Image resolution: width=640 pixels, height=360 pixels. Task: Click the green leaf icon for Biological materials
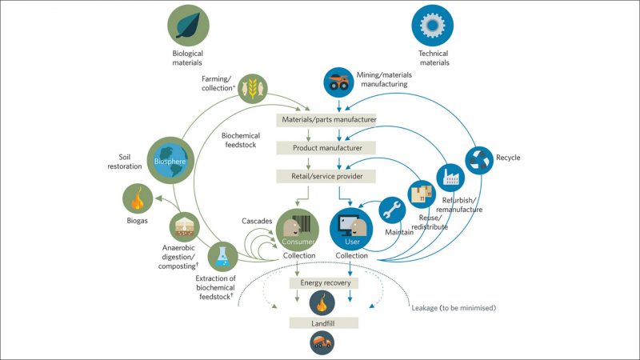187,25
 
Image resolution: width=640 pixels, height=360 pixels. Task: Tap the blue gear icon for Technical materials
432,25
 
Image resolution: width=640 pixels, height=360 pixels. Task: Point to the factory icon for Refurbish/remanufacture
449,177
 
